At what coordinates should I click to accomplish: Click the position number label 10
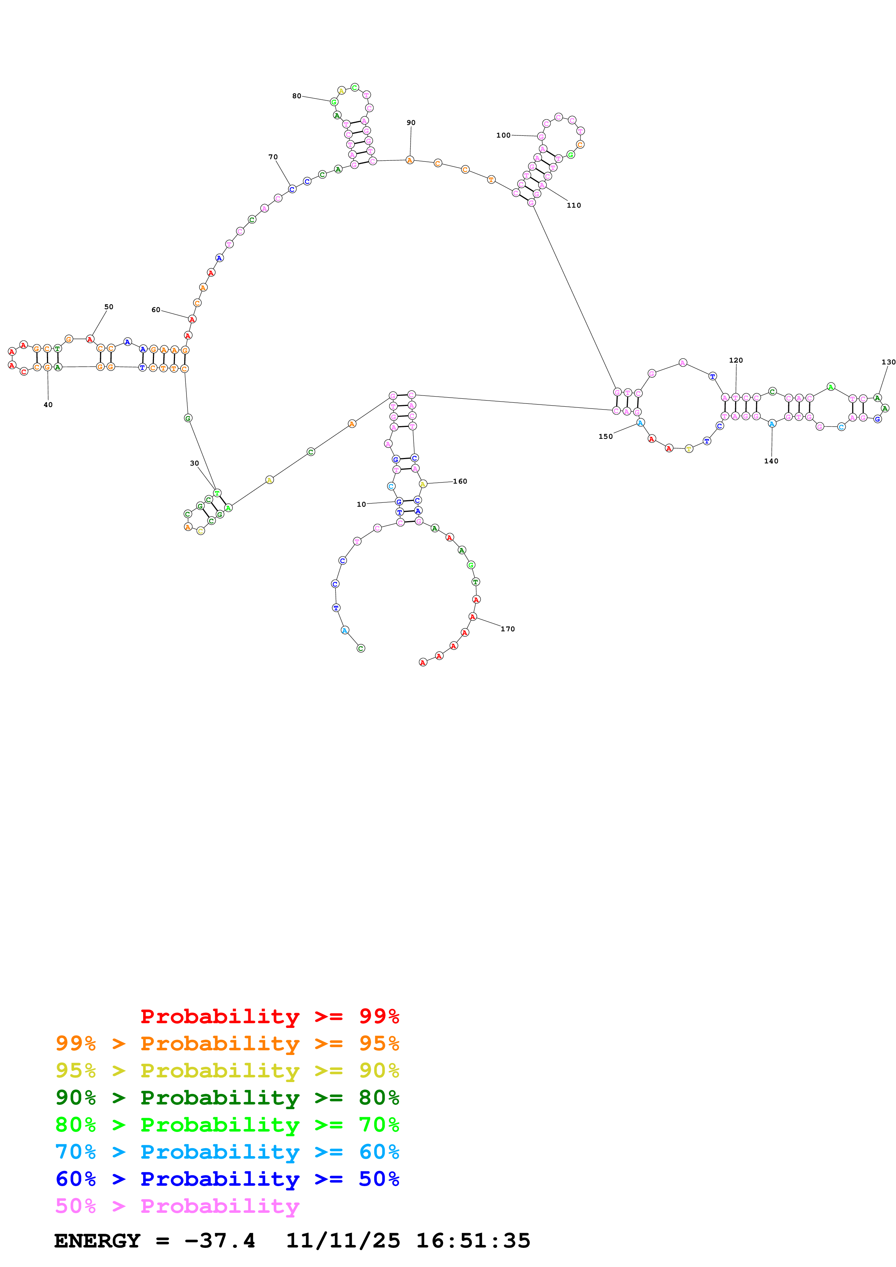coord(361,504)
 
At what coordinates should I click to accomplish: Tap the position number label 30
coord(194,463)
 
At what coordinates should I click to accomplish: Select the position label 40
coord(48,405)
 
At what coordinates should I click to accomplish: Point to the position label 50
coord(109,307)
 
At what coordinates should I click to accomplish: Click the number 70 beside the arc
coord(273,157)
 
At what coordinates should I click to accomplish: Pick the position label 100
coord(503,135)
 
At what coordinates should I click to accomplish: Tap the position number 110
coord(574,205)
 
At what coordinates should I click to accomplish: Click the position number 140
coord(771,461)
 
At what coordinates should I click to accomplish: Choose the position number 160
coord(460,481)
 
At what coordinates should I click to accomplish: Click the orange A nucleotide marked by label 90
coord(410,160)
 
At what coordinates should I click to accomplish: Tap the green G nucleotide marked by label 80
coord(334,102)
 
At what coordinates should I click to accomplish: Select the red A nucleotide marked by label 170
coord(472,617)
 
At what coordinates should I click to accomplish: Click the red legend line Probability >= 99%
coord(269,1016)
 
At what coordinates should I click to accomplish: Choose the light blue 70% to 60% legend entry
coord(227,1152)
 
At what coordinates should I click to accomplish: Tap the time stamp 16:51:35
coord(472,1241)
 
